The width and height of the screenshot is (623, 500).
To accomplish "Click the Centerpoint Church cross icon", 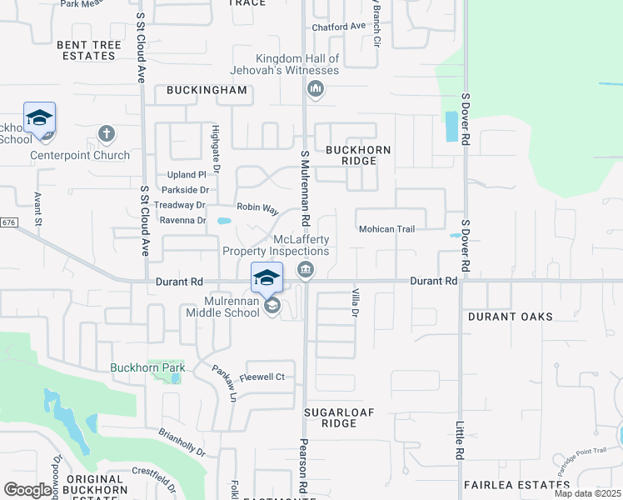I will coord(106,133).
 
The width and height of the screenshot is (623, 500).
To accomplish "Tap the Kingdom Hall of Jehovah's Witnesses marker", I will coord(315,89).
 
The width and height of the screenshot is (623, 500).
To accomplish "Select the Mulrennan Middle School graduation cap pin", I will coord(267,277).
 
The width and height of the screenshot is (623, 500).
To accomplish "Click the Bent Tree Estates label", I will coord(86,49).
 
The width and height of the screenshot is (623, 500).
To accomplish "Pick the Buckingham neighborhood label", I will coord(207,90).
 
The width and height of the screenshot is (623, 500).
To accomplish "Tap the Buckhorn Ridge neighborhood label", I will coord(357,155).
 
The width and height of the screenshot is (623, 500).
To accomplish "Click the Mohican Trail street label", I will coord(386,229).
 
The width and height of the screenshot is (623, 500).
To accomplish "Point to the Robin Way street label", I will coord(257,208).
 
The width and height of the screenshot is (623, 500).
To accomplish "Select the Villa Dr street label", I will coord(355,301).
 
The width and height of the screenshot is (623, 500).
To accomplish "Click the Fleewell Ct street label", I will coord(262,377).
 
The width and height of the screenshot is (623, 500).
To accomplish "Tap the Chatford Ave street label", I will coord(338,27).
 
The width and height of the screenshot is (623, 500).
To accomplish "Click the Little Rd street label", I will coord(459,442).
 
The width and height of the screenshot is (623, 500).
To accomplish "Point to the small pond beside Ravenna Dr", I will coord(223,222).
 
